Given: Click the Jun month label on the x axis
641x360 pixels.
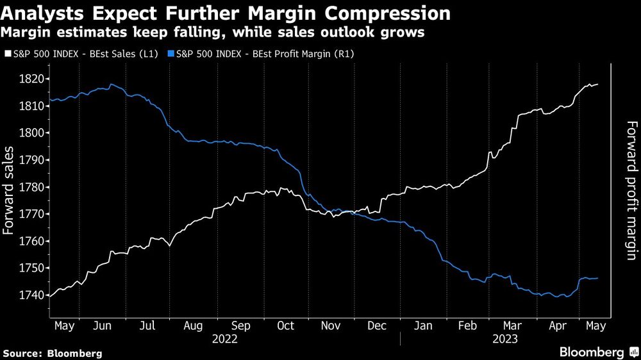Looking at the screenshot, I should [x=103, y=326].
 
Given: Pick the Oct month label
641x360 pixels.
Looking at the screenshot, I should [x=285, y=326].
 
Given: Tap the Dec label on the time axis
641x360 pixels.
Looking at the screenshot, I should [x=376, y=326].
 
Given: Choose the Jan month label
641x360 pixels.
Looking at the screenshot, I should [x=423, y=326].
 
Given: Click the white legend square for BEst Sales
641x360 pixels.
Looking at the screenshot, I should [x=7, y=54].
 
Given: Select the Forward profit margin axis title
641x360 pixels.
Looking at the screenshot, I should [x=631, y=190].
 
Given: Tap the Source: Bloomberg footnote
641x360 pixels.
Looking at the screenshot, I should [x=52, y=352].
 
